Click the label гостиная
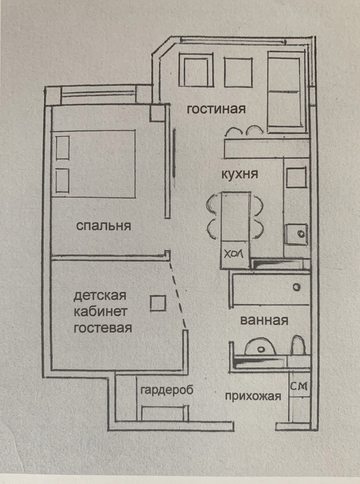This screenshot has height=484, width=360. coord(216,109)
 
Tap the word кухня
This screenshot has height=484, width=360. coord(240,174)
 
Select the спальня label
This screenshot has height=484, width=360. coord(104,226)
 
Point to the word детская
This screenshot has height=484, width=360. coord(100,296)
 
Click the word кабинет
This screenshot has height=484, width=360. coord(100,312)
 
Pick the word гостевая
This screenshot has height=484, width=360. coord(103,328)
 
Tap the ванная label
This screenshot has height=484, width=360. coord(264,321)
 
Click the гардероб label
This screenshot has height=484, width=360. coord(167,390)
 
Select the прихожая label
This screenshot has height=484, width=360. coord(253,396)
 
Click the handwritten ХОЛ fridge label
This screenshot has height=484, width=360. coord(233,254)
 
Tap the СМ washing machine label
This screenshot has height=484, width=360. coord(299,386)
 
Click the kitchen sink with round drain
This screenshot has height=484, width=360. coord(296,234)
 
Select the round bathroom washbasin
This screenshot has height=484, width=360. coord(261,347)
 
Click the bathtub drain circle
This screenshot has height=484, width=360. coord(297,288)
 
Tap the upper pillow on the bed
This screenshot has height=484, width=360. coord(62,147)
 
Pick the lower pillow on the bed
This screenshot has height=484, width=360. coord(62,180)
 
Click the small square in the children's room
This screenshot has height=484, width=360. coord(158,303)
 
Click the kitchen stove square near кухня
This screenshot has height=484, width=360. coord(296,177)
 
